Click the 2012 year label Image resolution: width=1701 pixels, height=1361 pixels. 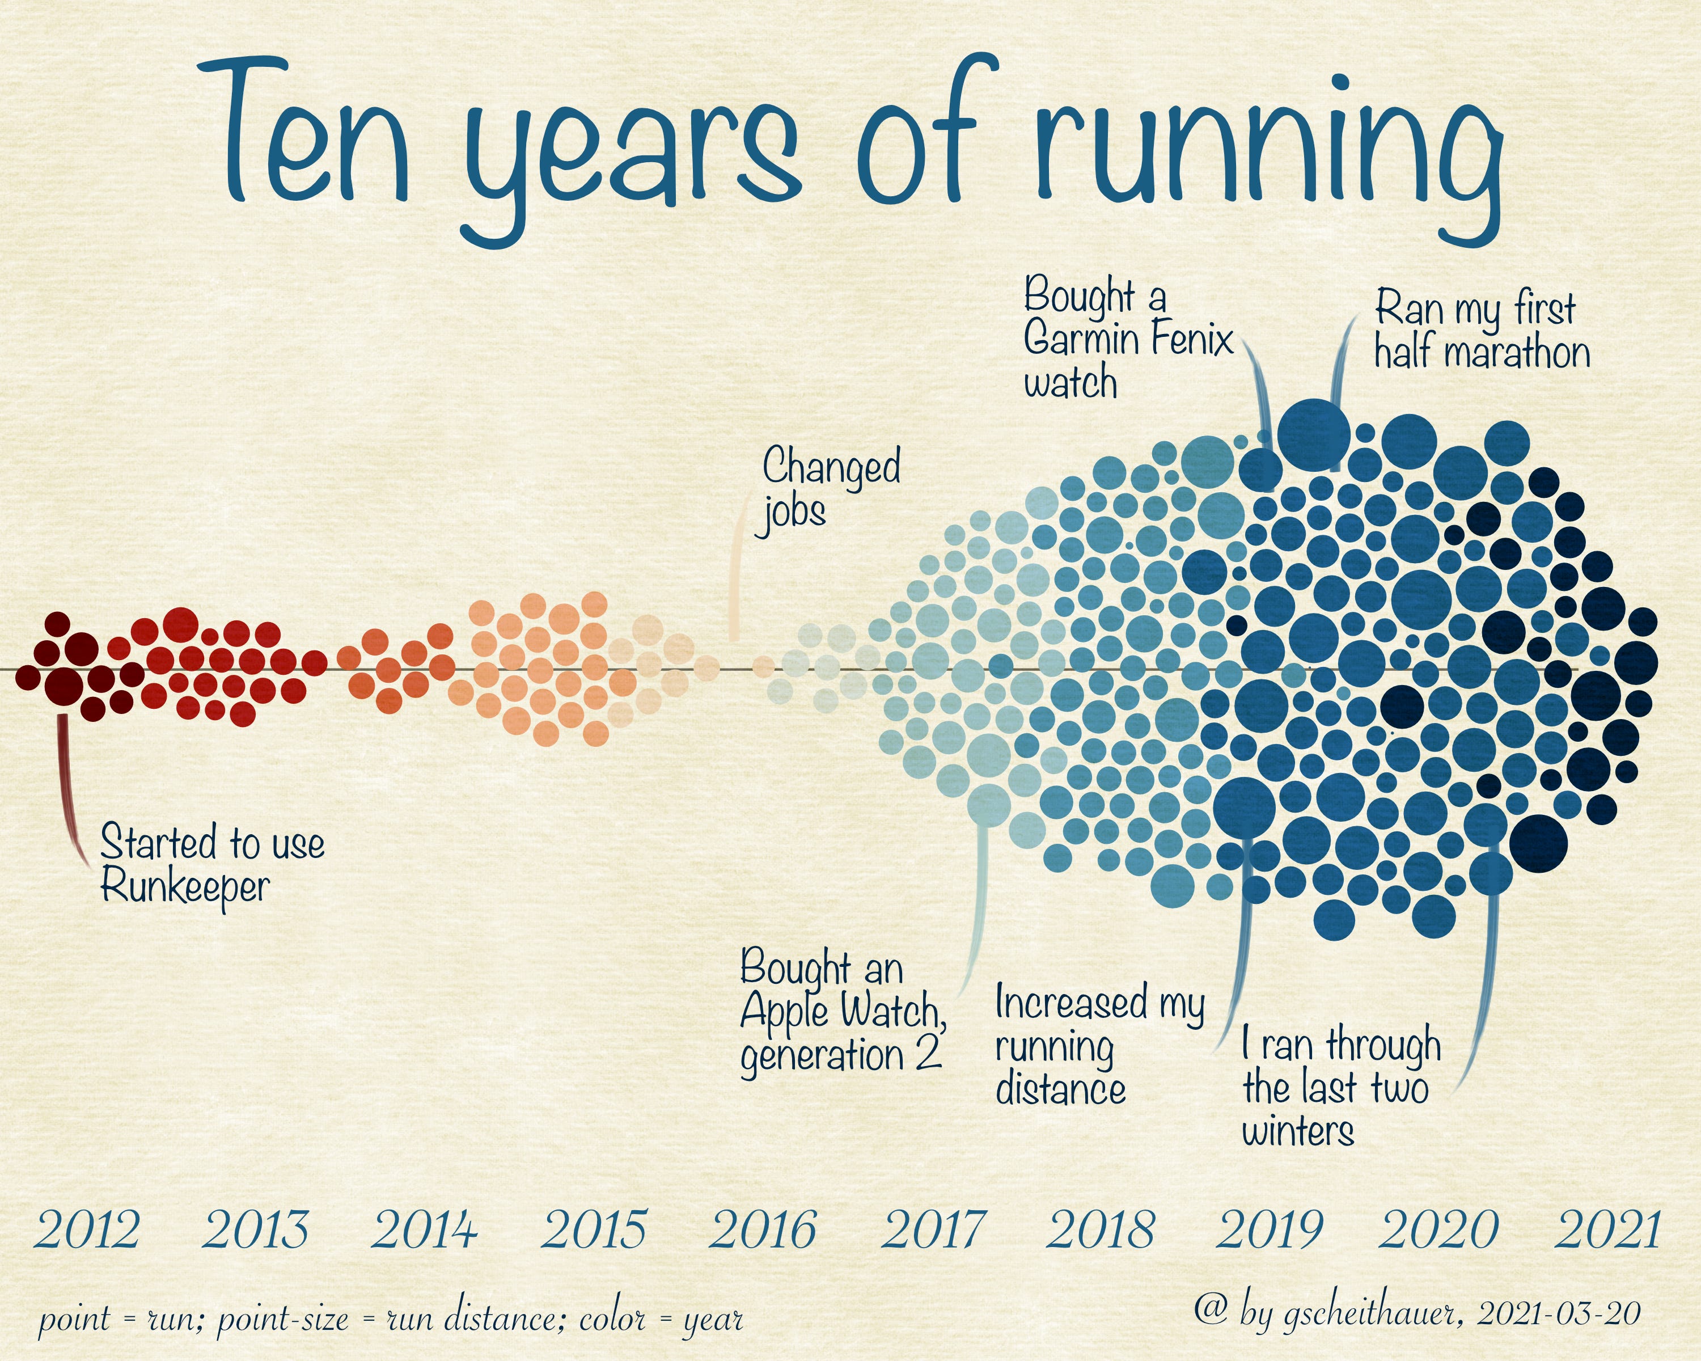click(87, 1229)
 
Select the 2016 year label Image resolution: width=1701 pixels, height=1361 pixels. click(762, 1229)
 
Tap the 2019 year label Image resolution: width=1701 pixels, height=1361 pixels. click(1268, 1229)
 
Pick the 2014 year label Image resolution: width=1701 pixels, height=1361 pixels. click(425, 1229)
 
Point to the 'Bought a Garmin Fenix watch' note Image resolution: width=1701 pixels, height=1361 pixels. click(1127, 339)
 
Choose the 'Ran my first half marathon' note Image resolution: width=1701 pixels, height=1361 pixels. click(1482, 330)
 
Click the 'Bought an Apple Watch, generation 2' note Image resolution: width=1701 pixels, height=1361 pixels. click(841, 1012)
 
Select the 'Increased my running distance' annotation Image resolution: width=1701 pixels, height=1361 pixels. click(1098, 1045)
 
